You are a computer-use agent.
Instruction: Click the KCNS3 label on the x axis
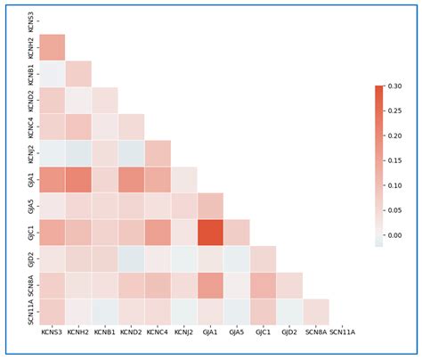pyautogui.click(x=53, y=333)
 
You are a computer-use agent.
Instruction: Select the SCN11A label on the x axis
pyautogui.click(x=343, y=333)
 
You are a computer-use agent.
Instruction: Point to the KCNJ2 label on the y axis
pyautogui.click(x=31, y=152)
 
